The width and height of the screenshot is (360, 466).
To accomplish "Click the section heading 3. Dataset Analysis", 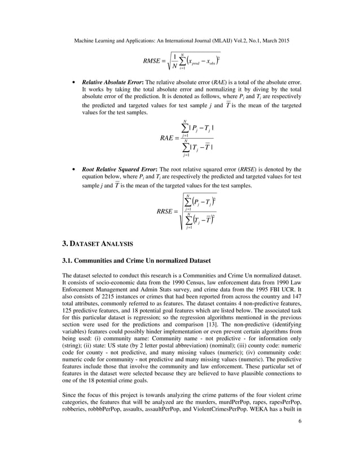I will click(97, 244).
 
